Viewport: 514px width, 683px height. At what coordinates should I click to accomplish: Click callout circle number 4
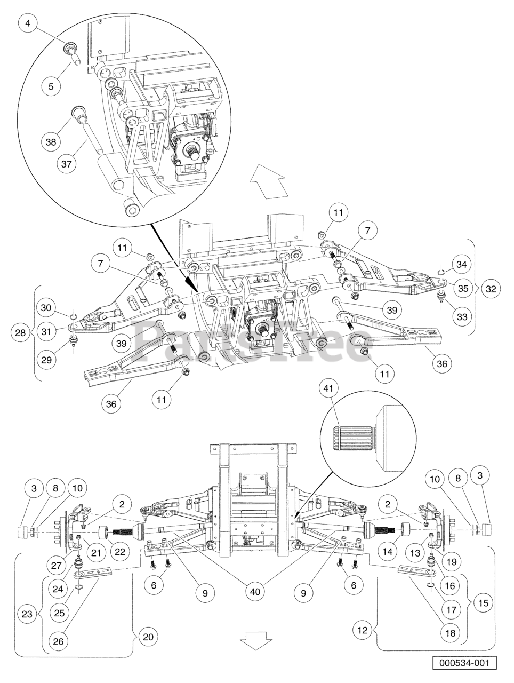(28, 23)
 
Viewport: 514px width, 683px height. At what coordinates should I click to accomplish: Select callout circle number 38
(51, 142)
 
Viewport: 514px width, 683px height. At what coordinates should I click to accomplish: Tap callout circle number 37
(67, 164)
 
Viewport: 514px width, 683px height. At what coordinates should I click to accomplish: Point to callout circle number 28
(20, 332)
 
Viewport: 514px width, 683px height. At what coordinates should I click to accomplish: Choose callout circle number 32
(491, 289)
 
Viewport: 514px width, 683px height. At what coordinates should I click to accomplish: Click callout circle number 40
(255, 592)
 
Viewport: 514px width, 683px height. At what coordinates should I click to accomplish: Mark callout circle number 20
(148, 637)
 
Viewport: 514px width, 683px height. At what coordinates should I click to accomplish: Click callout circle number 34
(461, 264)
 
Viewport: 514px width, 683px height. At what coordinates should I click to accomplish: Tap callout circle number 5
(51, 86)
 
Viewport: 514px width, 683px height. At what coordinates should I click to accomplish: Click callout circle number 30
(46, 308)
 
